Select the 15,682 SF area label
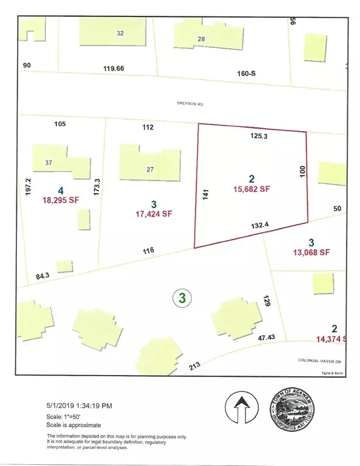click(x=251, y=189)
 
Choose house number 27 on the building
click(x=150, y=169)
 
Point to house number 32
click(x=120, y=33)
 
